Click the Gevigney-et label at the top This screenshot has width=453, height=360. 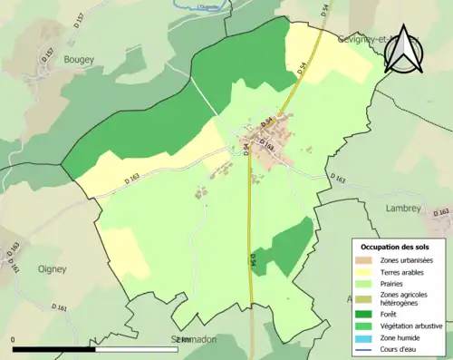[362, 39]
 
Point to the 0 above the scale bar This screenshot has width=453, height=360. [14, 339]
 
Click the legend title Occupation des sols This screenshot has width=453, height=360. [397, 247]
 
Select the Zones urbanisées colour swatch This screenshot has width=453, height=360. [367, 260]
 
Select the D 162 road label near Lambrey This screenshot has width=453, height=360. [441, 213]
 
